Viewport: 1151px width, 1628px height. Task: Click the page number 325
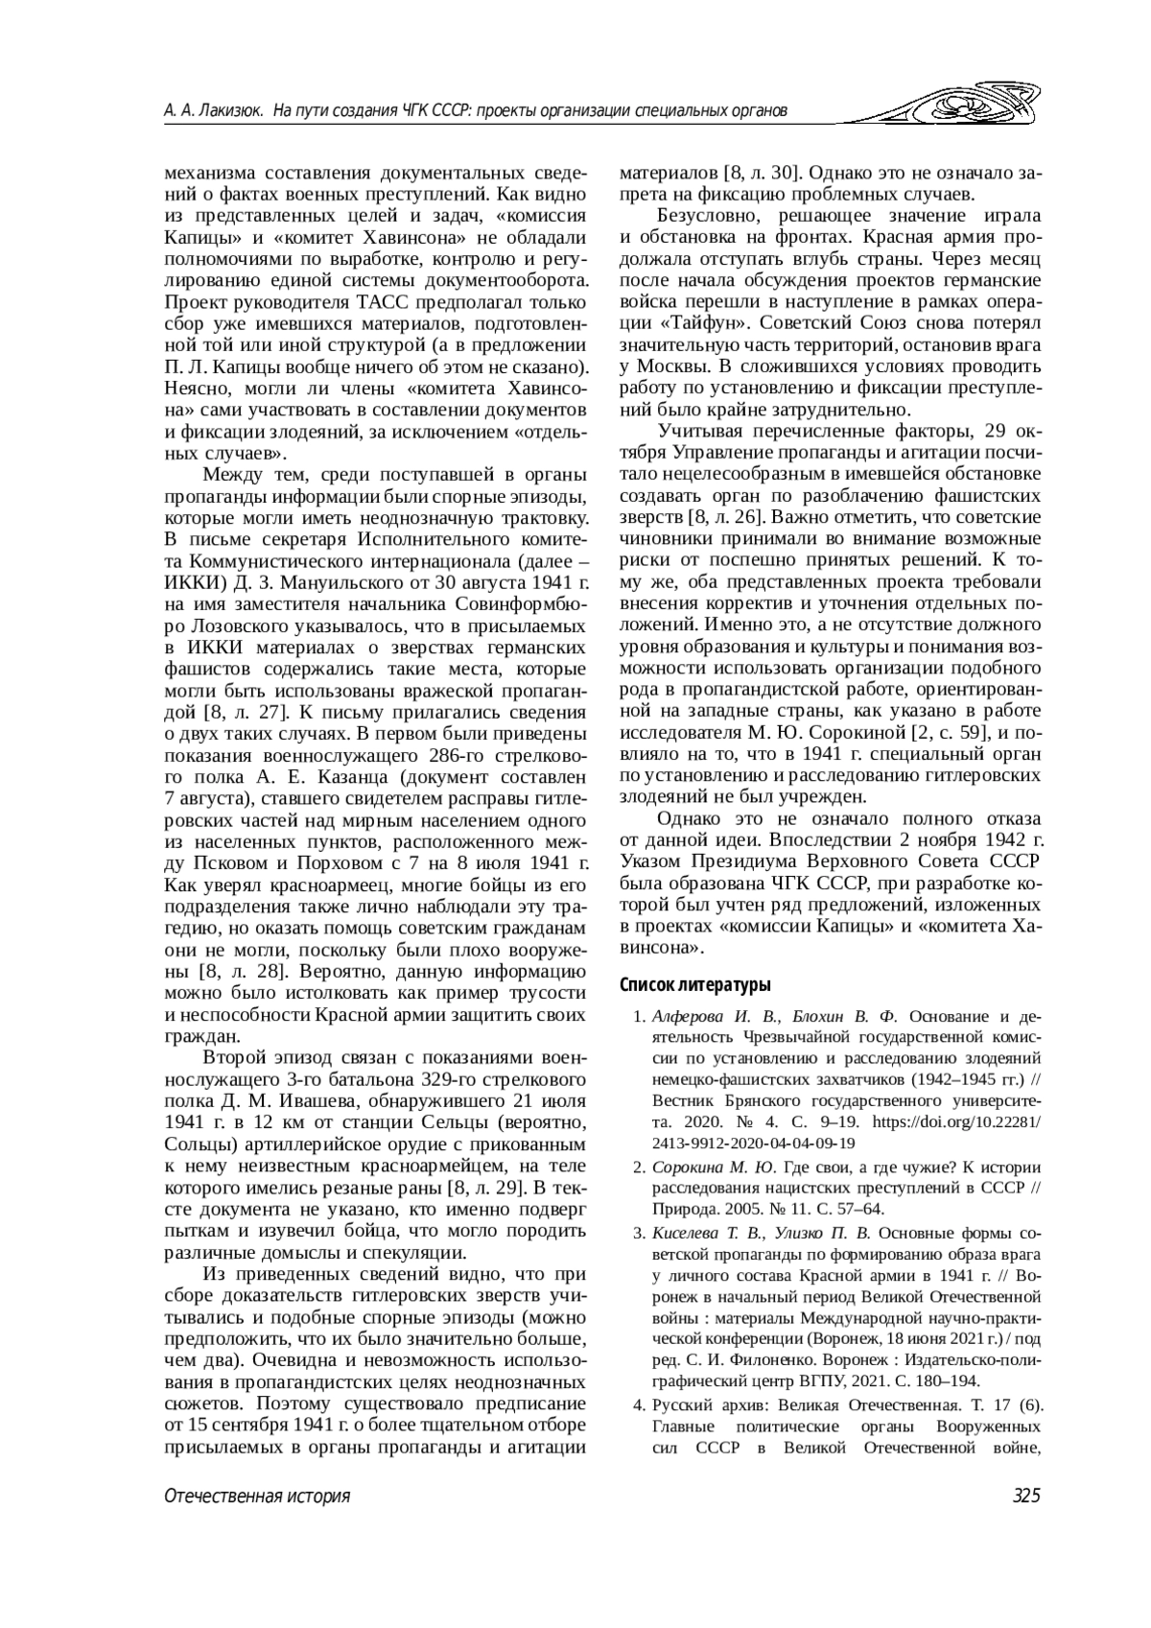pyautogui.click(x=1025, y=1497)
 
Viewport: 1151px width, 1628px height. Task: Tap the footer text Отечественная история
pyautogui.click(x=257, y=1497)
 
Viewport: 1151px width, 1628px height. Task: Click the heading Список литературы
pyautogui.click(x=695, y=984)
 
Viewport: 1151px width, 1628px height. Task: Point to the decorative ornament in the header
pyautogui.click(x=970, y=106)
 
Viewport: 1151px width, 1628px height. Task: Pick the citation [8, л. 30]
pyautogui.click(x=762, y=174)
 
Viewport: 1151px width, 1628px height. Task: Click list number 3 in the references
pyautogui.click(x=638, y=1233)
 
